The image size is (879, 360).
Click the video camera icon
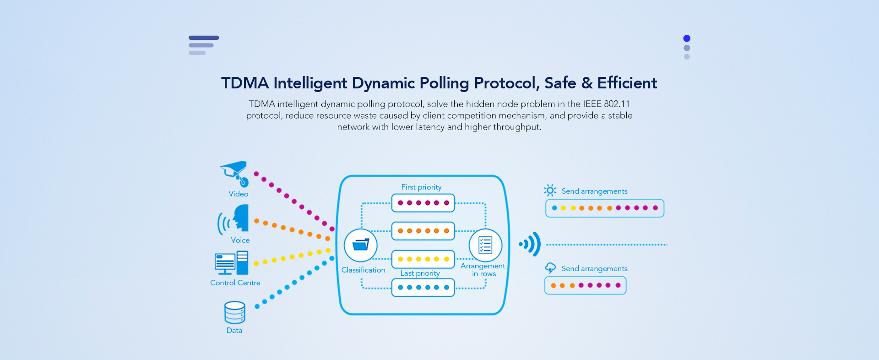coord(234,174)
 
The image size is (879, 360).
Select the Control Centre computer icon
coord(232,262)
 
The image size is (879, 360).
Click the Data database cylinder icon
coord(235,312)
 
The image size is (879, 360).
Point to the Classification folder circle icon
coord(361,245)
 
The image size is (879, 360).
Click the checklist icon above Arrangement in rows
coord(485,245)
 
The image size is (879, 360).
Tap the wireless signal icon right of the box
coord(530,244)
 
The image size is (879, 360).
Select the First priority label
coord(421,187)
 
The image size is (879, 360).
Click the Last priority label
coord(420,273)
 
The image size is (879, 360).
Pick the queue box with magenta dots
coord(423,203)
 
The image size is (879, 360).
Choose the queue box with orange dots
coord(423,231)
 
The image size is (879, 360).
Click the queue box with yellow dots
coord(423,259)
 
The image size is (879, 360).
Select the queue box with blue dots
coord(423,288)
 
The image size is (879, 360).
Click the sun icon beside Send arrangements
coord(550,190)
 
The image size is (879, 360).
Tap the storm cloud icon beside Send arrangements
coord(550,268)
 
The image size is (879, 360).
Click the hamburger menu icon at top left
coord(204,45)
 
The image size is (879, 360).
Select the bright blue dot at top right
coord(687,38)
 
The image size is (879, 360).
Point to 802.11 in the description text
coord(617,104)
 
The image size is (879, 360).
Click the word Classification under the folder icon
coord(364,270)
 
